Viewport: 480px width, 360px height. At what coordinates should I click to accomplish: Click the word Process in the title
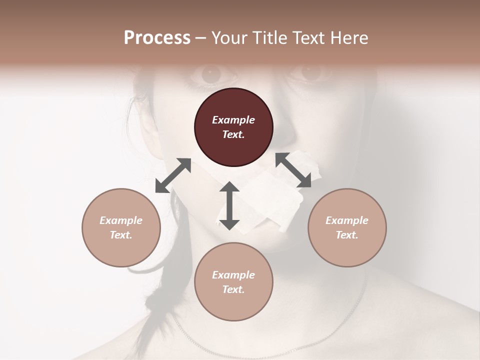click(x=157, y=38)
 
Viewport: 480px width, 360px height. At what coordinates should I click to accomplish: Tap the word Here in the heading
click(x=348, y=38)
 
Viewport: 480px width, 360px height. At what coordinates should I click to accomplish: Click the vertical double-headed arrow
click(x=229, y=205)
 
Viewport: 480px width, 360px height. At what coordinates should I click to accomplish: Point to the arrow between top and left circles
click(x=173, y=175)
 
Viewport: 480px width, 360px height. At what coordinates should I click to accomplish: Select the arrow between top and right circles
click(x=293, y=170)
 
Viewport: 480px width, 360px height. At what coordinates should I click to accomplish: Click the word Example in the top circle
click(x=233, y=120)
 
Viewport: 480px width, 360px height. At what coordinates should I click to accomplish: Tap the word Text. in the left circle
click(x=121, y=235)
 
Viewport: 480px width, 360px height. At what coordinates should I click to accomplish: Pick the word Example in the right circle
click(x=347, y=220)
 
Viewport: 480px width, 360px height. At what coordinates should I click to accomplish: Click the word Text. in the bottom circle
click(x=233, y=289)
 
